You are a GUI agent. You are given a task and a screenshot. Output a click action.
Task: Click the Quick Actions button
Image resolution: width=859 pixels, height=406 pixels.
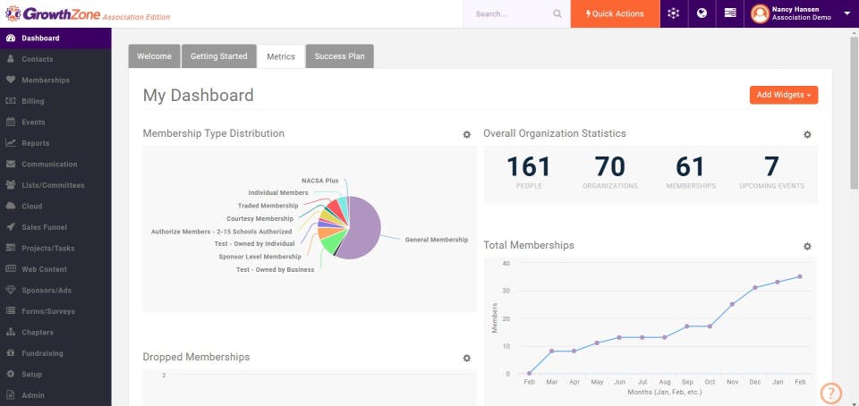[614, 13]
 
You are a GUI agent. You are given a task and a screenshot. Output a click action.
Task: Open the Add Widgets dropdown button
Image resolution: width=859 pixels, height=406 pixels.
[783, 95]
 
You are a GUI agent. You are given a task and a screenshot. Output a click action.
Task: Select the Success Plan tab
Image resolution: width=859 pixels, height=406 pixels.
[340, 56]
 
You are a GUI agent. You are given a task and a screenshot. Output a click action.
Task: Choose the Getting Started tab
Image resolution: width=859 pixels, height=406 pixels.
[218, 56]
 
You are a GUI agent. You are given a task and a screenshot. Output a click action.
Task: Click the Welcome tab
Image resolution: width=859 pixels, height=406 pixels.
[154, 56]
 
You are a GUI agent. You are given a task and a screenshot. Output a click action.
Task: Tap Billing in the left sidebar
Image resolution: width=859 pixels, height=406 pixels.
[33, 101]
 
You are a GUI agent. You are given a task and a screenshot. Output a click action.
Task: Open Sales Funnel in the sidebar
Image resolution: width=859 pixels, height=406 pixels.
[44, 227]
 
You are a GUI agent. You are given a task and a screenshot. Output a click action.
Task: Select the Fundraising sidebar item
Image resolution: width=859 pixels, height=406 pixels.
[43, 353]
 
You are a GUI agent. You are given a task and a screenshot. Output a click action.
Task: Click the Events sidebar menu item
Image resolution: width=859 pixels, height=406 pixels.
[33, 122]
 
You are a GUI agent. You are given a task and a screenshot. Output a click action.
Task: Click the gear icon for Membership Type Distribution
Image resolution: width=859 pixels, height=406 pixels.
[466, 134]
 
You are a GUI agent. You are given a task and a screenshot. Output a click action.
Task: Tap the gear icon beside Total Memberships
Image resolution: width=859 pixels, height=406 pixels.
[807, 246]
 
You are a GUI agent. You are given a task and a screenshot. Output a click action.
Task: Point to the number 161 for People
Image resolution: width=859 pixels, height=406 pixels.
[528, 167]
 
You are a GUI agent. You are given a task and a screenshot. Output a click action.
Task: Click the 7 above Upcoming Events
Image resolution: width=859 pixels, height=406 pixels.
[771, 167]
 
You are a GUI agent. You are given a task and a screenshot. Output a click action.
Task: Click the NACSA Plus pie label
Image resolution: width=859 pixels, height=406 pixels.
[319, 181]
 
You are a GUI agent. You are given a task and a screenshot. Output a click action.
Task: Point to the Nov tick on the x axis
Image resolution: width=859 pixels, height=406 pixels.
[732, 382]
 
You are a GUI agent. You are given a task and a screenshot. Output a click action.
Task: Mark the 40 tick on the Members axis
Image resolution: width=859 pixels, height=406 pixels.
[506, 263]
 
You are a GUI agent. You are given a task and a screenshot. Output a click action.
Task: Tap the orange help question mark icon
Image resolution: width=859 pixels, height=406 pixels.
[831, 393]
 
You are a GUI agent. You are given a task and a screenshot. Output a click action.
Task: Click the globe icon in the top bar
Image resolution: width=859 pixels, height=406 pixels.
[702, 13]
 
